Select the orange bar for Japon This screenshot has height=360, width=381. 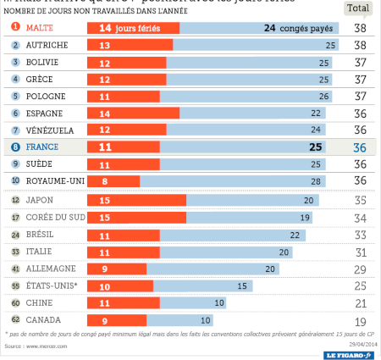(x=136, y=200)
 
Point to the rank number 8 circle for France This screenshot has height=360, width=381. (x=14, y=147)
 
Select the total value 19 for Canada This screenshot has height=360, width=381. (x=361, y=321)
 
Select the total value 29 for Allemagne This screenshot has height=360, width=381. (x=361, y=269)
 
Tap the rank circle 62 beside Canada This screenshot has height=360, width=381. (x=14, y=321)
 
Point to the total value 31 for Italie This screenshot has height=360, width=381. (x=361, y=252)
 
